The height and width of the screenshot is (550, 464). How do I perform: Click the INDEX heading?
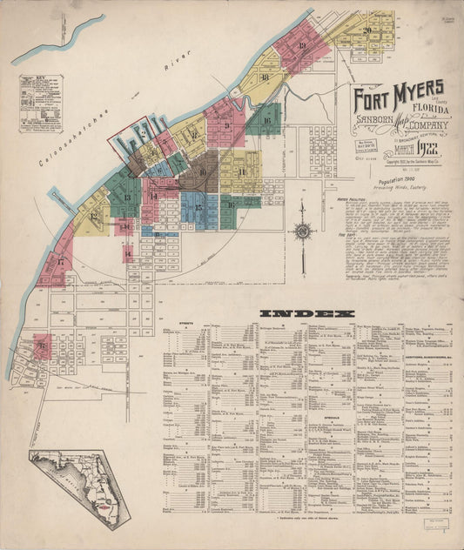click(x=307, y=312)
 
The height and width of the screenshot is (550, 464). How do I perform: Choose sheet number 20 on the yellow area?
click(x=367, y=30)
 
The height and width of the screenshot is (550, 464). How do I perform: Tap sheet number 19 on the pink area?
click(x=302, y=46)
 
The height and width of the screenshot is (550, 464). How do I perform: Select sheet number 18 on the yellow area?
click(x=265, y=77)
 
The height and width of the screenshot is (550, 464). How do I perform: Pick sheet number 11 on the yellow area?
click(x=241, y=171)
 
